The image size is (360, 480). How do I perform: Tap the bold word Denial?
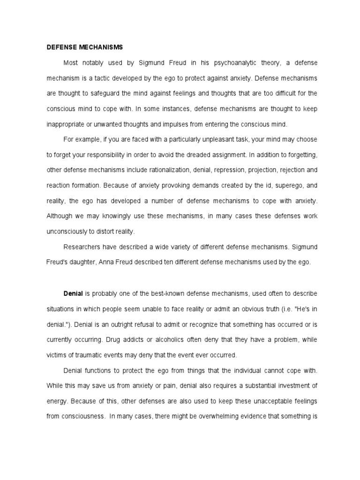pos(73,293)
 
